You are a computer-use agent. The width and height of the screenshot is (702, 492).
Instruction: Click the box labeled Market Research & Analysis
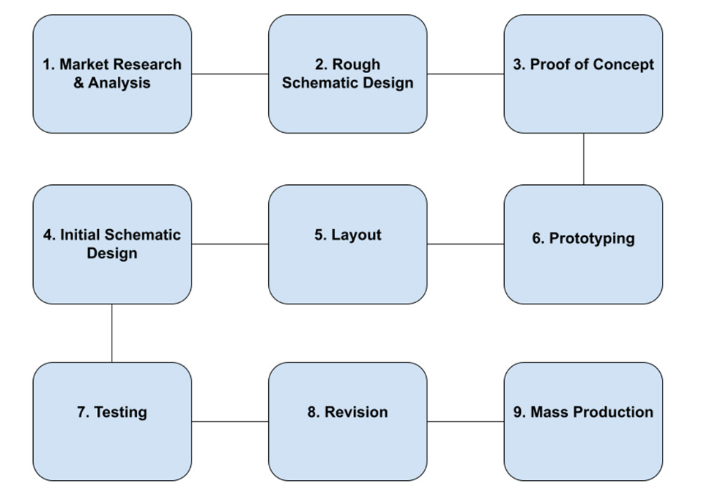tap(112, 74)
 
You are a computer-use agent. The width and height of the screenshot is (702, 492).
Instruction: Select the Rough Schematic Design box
tap(347, 74)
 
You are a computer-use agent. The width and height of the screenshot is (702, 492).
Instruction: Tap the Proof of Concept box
tap(583, 74)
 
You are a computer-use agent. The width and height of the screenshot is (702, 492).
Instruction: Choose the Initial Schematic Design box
tap(112, 244)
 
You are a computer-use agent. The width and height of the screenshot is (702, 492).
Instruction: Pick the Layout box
tap(347, 244)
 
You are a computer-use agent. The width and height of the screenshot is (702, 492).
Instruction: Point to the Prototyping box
tap(583, 244)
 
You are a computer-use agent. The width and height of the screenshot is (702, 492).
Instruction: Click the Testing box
tap(112, 421)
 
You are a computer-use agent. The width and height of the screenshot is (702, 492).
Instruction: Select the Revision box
tap(347, 421)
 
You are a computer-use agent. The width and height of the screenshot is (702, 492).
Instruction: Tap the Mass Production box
tap(583, 421)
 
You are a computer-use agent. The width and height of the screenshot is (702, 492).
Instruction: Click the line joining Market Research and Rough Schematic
tap(230, 74)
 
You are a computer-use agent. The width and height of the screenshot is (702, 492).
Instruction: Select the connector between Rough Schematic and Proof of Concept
tap(465, 74)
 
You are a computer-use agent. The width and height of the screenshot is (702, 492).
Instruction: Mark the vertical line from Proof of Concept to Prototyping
tap(583, 159)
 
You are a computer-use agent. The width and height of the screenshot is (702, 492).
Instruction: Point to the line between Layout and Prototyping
tap(465, 244)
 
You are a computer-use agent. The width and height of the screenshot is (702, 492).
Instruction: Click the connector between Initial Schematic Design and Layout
tap(230, 244)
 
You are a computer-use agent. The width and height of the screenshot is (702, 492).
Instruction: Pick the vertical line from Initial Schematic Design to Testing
tap(112, 333)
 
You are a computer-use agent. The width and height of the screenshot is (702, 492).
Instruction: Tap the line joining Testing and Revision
tap(230, 422)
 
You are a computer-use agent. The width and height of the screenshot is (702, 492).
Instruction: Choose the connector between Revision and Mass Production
tap(465, 422)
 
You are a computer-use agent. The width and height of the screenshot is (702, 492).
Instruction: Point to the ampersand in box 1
tap(79, 83)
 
